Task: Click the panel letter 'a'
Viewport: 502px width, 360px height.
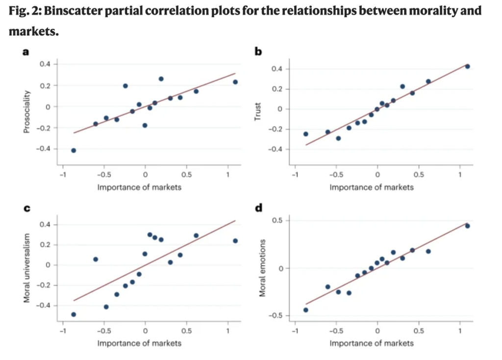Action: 27,51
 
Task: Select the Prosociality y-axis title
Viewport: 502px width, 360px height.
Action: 28,106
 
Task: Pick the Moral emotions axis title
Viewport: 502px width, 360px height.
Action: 262,268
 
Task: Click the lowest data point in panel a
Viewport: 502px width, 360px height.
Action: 74,151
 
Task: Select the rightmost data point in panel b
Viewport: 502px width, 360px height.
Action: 467,67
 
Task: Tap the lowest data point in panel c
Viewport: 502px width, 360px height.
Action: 74,314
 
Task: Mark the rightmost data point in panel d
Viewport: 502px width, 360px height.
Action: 467,226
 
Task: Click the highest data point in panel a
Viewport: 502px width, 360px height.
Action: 161,79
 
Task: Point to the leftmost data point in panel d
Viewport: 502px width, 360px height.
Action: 306,310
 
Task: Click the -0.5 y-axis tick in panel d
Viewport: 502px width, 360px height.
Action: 277,315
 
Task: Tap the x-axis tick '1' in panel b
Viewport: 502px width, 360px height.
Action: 460,174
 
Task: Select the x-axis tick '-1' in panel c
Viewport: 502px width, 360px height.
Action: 62,330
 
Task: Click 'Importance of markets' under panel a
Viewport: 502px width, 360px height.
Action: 139,187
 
